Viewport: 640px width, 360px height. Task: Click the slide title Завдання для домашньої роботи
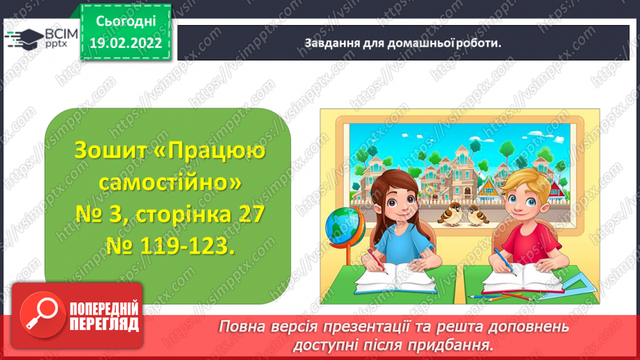(x=403, y=43)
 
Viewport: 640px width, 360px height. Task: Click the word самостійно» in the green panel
(x=170, y=183)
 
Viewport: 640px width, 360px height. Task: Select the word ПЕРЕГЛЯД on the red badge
(x=104, y=325)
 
